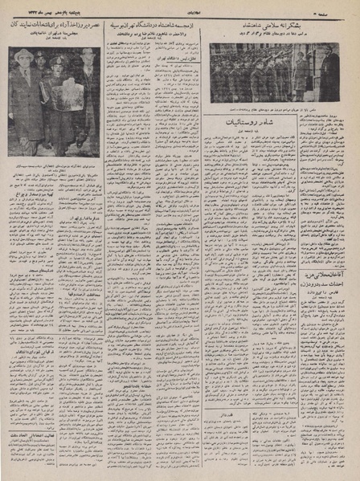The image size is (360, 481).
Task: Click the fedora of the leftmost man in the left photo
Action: tap(26, 56)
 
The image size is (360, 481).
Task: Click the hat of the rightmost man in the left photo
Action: tap(86, 53)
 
